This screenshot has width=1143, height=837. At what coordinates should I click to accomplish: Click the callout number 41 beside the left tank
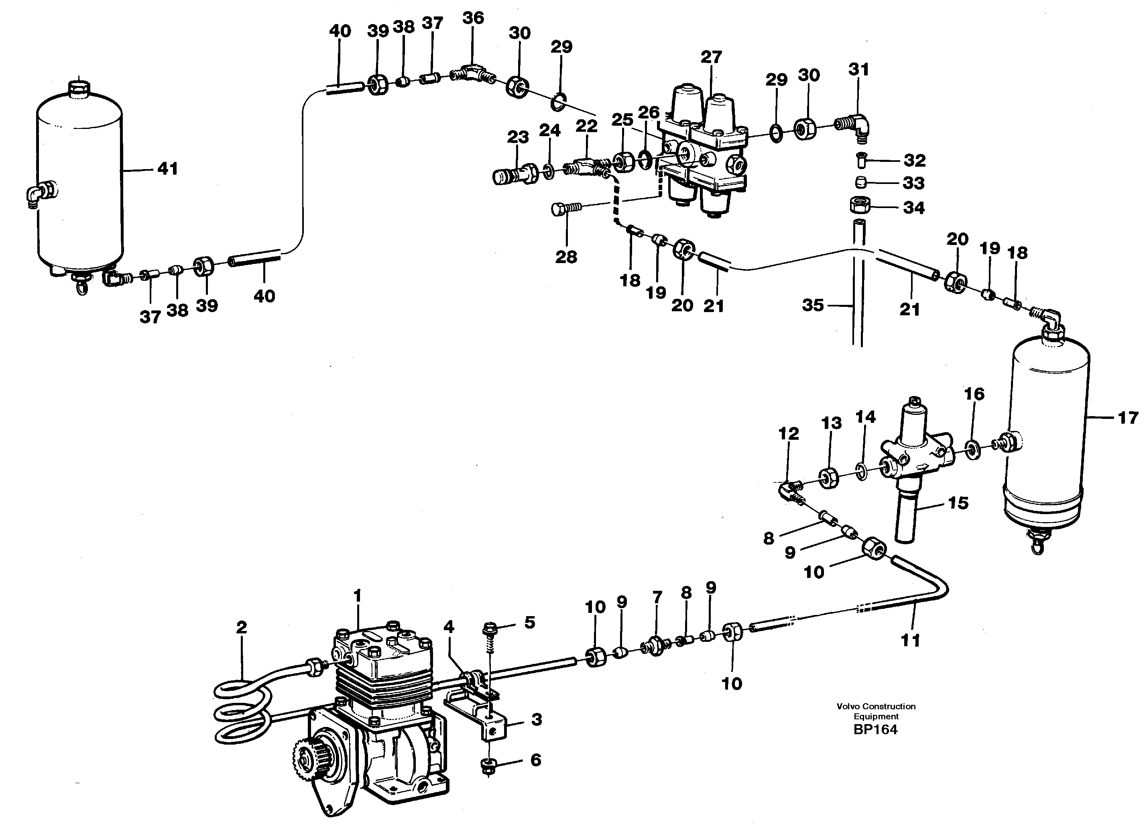click(x=167, y=169)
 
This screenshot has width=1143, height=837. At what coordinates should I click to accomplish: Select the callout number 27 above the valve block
click(x=711, y=57)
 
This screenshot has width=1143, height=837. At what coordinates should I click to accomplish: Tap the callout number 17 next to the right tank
click(x=1128, y=418)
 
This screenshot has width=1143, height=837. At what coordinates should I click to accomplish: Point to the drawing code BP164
click(x=875, y=730)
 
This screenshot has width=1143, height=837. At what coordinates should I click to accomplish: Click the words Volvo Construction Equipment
click(x=876, y=711)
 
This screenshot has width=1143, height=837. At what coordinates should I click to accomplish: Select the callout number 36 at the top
click(x=473, y=18)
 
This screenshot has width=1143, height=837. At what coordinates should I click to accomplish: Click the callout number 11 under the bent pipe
click(x=910, y=641)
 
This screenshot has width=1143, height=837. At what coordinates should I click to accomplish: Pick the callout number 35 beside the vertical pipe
click(x=812, y=305)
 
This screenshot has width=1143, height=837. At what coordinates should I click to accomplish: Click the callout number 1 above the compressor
click(x=357, y=596)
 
